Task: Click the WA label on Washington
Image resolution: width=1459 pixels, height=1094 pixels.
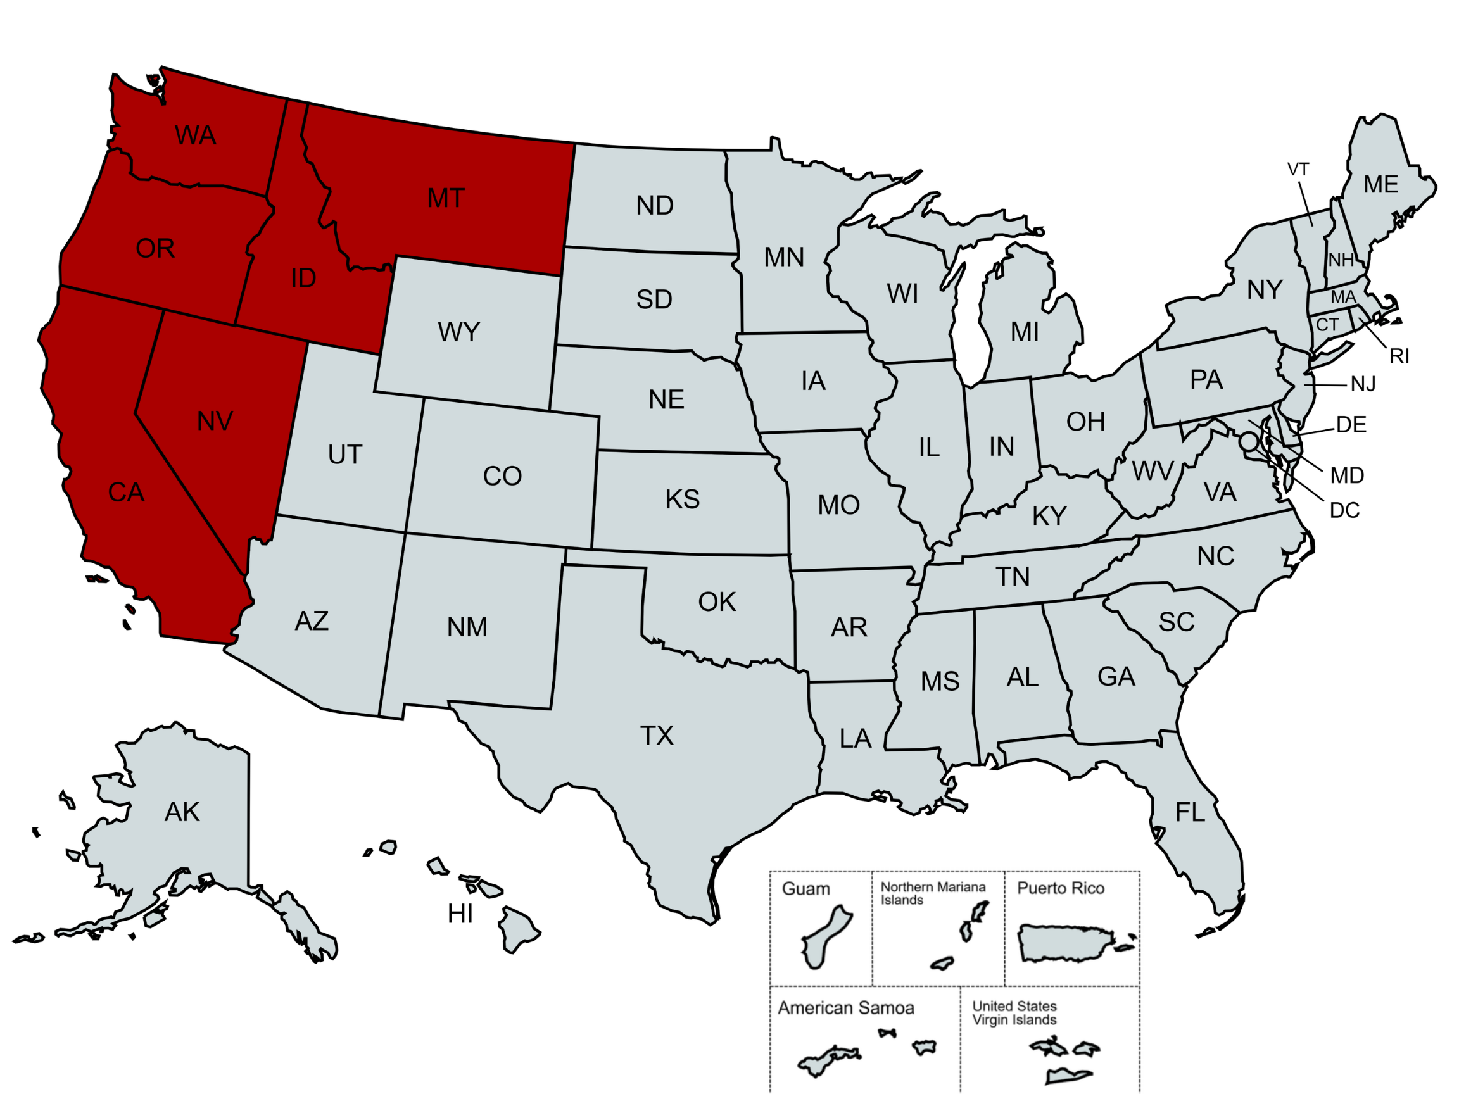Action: [195, 135]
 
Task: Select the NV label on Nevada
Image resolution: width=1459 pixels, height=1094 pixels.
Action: [215, 422]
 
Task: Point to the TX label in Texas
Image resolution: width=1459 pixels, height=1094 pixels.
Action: [657, 736]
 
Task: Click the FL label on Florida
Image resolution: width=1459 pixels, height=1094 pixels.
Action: [1190, 812]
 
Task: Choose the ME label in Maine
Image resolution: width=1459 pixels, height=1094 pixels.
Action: [1380, 185]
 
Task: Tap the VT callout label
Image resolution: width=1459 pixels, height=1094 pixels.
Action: [1298, 170]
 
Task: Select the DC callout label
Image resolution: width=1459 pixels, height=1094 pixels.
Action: [1344, 510]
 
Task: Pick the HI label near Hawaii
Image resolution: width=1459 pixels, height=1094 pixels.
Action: [460, 914]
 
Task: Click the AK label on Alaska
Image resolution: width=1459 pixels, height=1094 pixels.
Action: [182, 812]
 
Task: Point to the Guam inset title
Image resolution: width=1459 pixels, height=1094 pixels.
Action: [805, 889]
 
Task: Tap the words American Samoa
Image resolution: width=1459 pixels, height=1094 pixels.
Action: [845, 1008]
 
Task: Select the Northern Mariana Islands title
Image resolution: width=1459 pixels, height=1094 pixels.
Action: [933, 893]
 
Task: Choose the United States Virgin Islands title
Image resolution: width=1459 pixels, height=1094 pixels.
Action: [1014, 1013]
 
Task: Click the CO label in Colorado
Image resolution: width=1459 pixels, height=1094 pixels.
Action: [502, 476]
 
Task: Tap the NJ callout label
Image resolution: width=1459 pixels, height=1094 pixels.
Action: [1363, 384]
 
